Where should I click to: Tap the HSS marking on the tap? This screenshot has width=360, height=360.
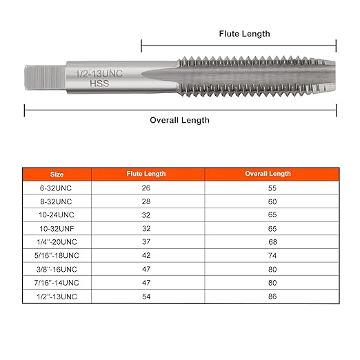(99, 84)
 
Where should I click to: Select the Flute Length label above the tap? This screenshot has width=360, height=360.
(244, 33)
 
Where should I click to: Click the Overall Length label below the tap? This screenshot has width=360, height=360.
(179, 120)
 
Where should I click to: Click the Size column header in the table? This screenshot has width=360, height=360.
(57, 174)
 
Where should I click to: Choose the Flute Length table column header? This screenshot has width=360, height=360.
(148, 174)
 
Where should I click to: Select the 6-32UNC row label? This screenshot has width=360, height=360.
(57, 188)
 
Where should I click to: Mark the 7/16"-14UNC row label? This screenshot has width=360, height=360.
(57, 283)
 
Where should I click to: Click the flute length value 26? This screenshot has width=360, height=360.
(148, 188)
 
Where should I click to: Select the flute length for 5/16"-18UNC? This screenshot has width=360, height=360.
(148, 254)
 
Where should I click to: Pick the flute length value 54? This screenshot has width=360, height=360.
(148, 296)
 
